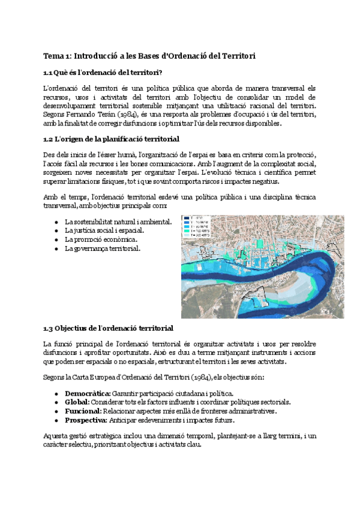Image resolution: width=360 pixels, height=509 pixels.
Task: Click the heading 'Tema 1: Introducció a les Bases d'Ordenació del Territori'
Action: click(x=149, y=56)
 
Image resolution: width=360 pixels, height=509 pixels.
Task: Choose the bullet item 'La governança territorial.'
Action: click(x=103, y=248)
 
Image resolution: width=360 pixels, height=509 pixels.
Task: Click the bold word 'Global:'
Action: click(x=77, y=402)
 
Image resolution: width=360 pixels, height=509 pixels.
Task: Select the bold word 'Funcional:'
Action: click(x=82, y=411)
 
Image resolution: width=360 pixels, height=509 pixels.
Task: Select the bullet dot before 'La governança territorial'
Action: click(x=56, y=248)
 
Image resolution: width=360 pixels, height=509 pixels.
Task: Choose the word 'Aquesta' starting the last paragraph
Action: click(x=56, y=436)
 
